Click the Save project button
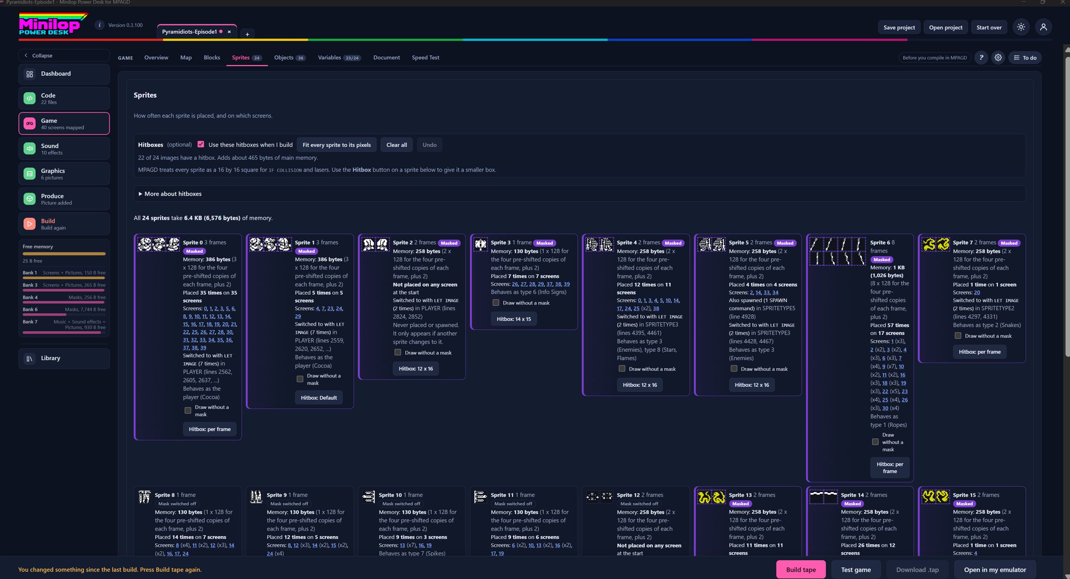tap(899, 27)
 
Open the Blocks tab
tap(212, 57)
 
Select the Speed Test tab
tap(425, 57)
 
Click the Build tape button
tap(801, 569)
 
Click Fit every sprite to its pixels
tap(337, 145)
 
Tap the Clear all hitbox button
tap(396, 145)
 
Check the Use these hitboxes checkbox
tap(201, 144)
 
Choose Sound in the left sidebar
tap(64, 149)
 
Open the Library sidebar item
tap(64, 358)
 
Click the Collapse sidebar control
tap(64, 55)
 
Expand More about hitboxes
tap(170, 194)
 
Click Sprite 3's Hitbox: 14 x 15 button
tap(514, 319)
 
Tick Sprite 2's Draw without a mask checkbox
tap(398, 353)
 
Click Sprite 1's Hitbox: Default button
tap(319, 398)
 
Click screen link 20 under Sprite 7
tap(977, 292)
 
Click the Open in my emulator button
tap(995, 570)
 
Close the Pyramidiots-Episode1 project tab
tap(229, 32)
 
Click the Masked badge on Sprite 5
tap(785, 243)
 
